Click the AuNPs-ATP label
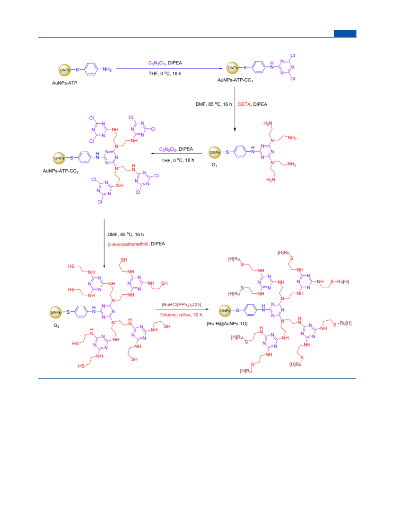(64, 83)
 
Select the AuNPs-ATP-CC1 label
(236, 80)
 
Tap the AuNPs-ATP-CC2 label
(61, 171)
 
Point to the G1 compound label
(214, 164)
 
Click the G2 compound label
(56, 326)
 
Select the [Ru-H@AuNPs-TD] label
(227, 324)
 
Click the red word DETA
(244, 104)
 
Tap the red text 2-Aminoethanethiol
(128, 244)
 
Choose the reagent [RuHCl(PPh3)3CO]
(181, 305)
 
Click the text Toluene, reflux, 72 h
(181, 315)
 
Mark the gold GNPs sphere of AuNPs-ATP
(65, 70)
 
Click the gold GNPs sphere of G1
(215, 152)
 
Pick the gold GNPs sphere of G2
(56, 312)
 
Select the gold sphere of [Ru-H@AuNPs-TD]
(226, 310)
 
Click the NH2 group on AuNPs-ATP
(107, 70)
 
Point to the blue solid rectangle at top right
(345, 33)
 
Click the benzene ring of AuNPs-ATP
(91, 69)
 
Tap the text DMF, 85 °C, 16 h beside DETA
(214, 104)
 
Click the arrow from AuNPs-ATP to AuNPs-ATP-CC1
(169, 68)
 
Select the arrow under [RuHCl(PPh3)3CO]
(183, 309)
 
